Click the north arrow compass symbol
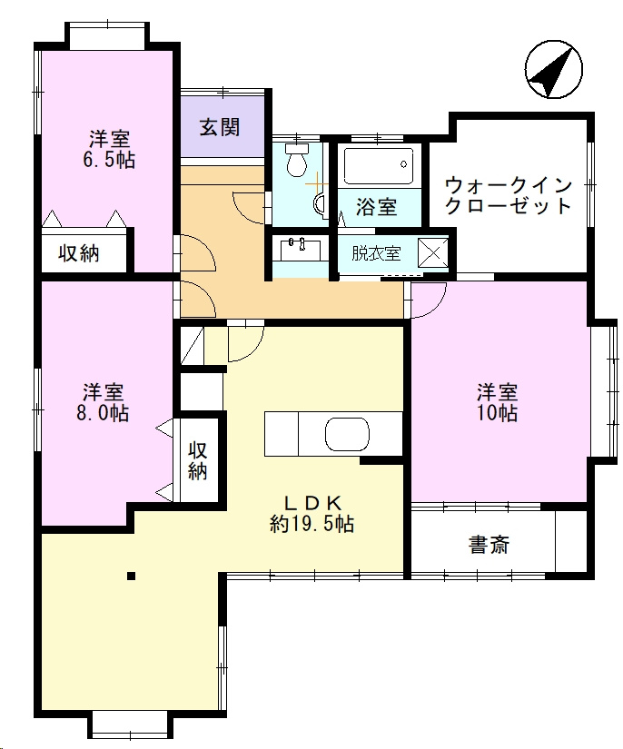(554, 70)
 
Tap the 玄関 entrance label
(219, 127)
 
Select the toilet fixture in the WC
(297, 160)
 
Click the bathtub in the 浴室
(379, 165)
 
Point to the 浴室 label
(377, 207)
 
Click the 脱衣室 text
(376, 253)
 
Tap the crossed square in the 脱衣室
(433, 252)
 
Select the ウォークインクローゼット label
(509, 195)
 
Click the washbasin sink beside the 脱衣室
(301, 250)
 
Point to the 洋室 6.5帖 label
(109, 150)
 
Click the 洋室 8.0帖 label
(104, 402)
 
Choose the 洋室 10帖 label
(498, 402)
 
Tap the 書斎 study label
(489, 544)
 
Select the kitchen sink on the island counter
(347, 434)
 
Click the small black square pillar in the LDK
(131, 577)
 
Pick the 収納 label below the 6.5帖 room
(79, 253)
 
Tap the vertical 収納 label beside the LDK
(197, 460)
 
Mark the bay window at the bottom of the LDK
(129, 724)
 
